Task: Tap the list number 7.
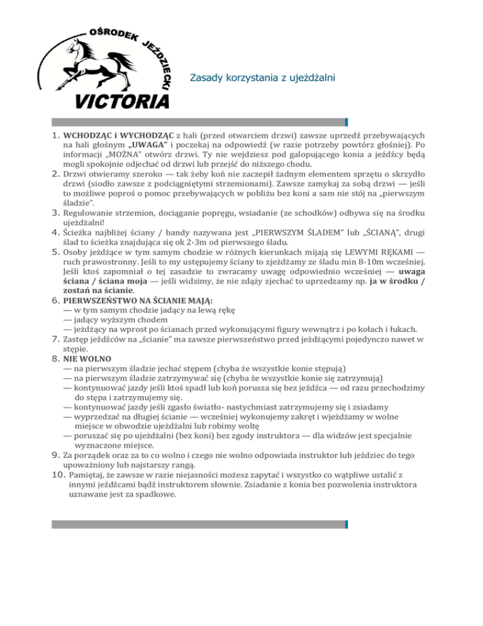coord(55,340)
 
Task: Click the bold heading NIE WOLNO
coord(89,360)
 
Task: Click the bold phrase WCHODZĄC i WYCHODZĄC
coord(118,135)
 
